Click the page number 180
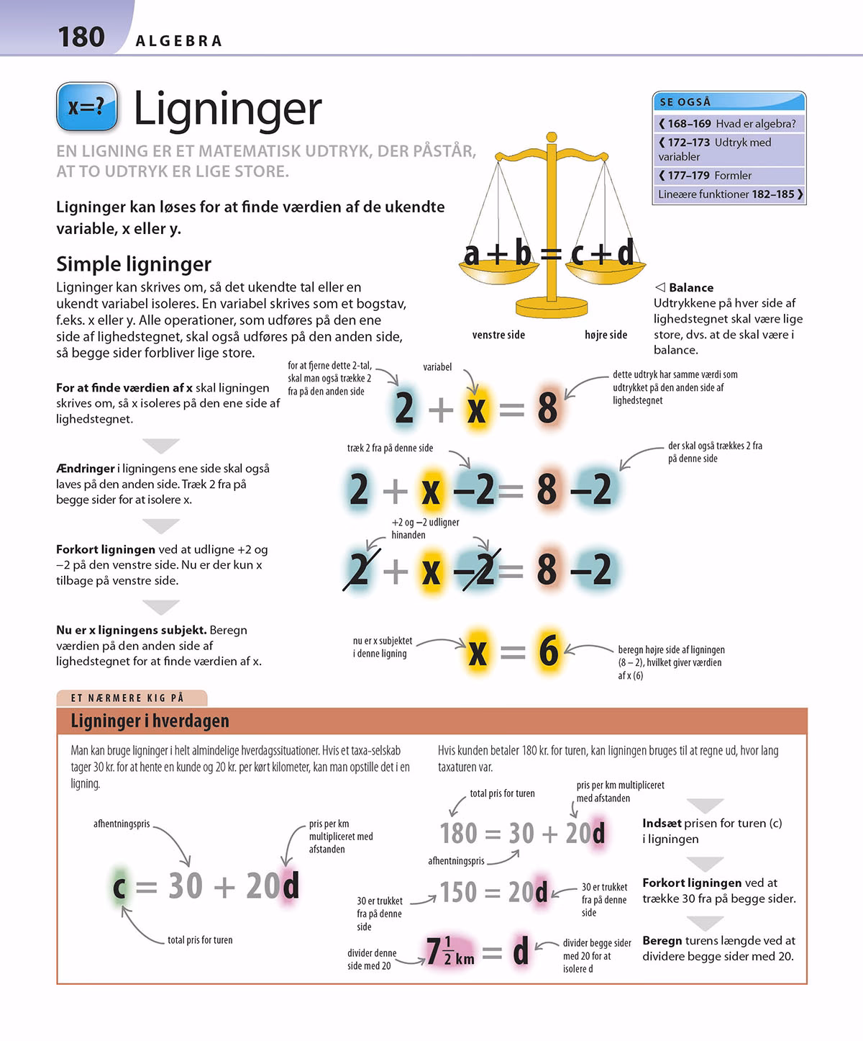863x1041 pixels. [x=81, y=37]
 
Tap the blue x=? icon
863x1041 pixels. [x=87, y=107]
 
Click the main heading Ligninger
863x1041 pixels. [x=227, y=109]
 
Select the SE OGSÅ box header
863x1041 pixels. [x=729, y=102]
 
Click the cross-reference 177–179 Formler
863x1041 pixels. [x=705, y=176]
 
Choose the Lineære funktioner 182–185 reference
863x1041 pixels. [x=729, y=194]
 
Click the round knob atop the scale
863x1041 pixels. [x=552, y=137]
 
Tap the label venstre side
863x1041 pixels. [x=498, y=335]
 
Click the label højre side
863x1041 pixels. [x=606, y=335]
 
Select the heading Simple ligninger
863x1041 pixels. [x=134, y=264]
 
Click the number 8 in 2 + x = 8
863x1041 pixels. [x=547, y=408]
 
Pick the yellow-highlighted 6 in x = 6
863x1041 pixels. [x=549, y=651]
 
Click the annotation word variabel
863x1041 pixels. [x=437, y=367]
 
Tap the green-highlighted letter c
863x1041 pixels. [x=119, y=886]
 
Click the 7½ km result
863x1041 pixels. [x=450, y=952]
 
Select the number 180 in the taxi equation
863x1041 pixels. [x=458, y=834]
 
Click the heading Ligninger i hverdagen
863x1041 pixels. [x=150, y=721]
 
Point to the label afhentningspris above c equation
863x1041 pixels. [x=122, y=824]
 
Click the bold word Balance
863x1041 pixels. [x=690, y=288]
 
